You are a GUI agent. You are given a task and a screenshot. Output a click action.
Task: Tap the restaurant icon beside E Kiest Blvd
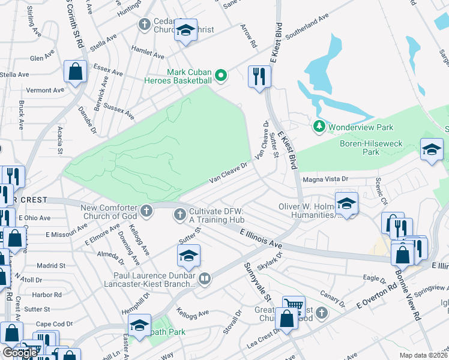coord(259,76)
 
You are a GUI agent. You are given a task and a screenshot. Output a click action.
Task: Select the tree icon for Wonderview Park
coord(319,127)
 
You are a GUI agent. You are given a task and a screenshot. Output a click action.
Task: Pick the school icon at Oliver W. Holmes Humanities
coord(346,203)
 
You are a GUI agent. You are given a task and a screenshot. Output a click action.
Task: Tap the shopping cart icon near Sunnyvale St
coord(294,306)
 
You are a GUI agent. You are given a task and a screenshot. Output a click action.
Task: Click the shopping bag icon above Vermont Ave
coord(76,72)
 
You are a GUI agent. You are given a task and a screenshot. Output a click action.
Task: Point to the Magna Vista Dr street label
coord(340,178)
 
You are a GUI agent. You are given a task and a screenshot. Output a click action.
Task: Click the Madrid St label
coord(50,265)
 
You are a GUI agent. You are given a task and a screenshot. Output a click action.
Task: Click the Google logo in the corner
coord(20,353)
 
